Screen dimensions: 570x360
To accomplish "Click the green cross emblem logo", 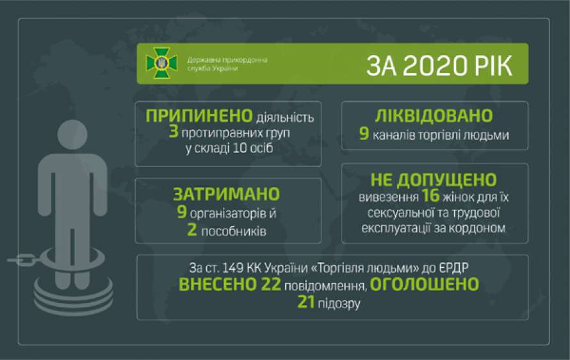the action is [x=161, y=63].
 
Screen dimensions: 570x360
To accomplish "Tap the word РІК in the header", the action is [x=492, y=66].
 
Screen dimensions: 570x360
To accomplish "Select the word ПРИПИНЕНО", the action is [x=199, y=116].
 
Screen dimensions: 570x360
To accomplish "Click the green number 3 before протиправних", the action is [x=174, y=131].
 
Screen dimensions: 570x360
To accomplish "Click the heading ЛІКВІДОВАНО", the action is [x=434, y=116].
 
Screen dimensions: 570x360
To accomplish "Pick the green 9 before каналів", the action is [x=364, y=133].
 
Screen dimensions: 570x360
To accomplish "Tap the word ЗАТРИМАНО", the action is [x=227, y=194].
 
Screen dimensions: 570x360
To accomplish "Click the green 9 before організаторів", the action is [x=182, y=212].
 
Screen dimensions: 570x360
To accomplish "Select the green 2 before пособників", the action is [x=192, y=230].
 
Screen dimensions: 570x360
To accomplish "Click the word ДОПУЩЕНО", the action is [x=447, y=180].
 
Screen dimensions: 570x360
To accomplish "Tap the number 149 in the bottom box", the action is [x=232, y=268].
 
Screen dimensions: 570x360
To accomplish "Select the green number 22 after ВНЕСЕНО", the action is [x=271, y=284].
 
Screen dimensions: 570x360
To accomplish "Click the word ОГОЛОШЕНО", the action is [x=425, y=284].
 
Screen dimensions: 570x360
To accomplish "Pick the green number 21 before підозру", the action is [x=306, y=302].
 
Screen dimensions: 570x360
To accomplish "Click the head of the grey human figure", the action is [x=72, y=135].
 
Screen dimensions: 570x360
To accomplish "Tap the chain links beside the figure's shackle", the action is [x=22, y=259].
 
